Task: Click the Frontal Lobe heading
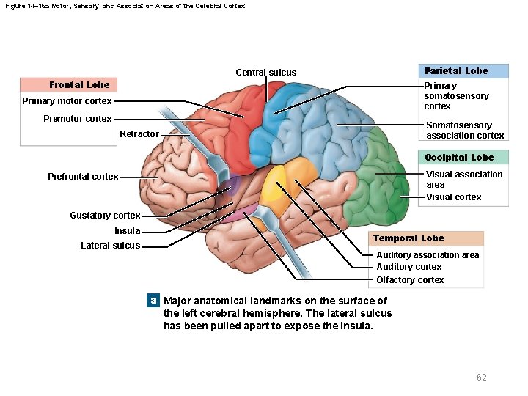point(79,85)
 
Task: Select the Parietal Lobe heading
point(455,71)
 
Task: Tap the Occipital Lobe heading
point(459,158)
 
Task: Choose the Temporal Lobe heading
point(408,238)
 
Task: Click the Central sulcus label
point(266,73)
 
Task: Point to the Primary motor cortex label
point(67,101)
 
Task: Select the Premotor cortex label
point(78,119)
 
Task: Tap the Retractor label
point(139,134)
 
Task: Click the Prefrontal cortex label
point(83,177)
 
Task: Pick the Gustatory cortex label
point(105,216)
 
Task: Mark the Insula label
point(127,231)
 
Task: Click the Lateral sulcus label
point(110,246)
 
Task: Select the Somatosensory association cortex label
point(465,131)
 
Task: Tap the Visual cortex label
point(454,197)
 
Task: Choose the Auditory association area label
point(428,255)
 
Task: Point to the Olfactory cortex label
point(410,280)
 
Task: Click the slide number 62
point(481,378)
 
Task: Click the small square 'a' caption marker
point(153,301)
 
